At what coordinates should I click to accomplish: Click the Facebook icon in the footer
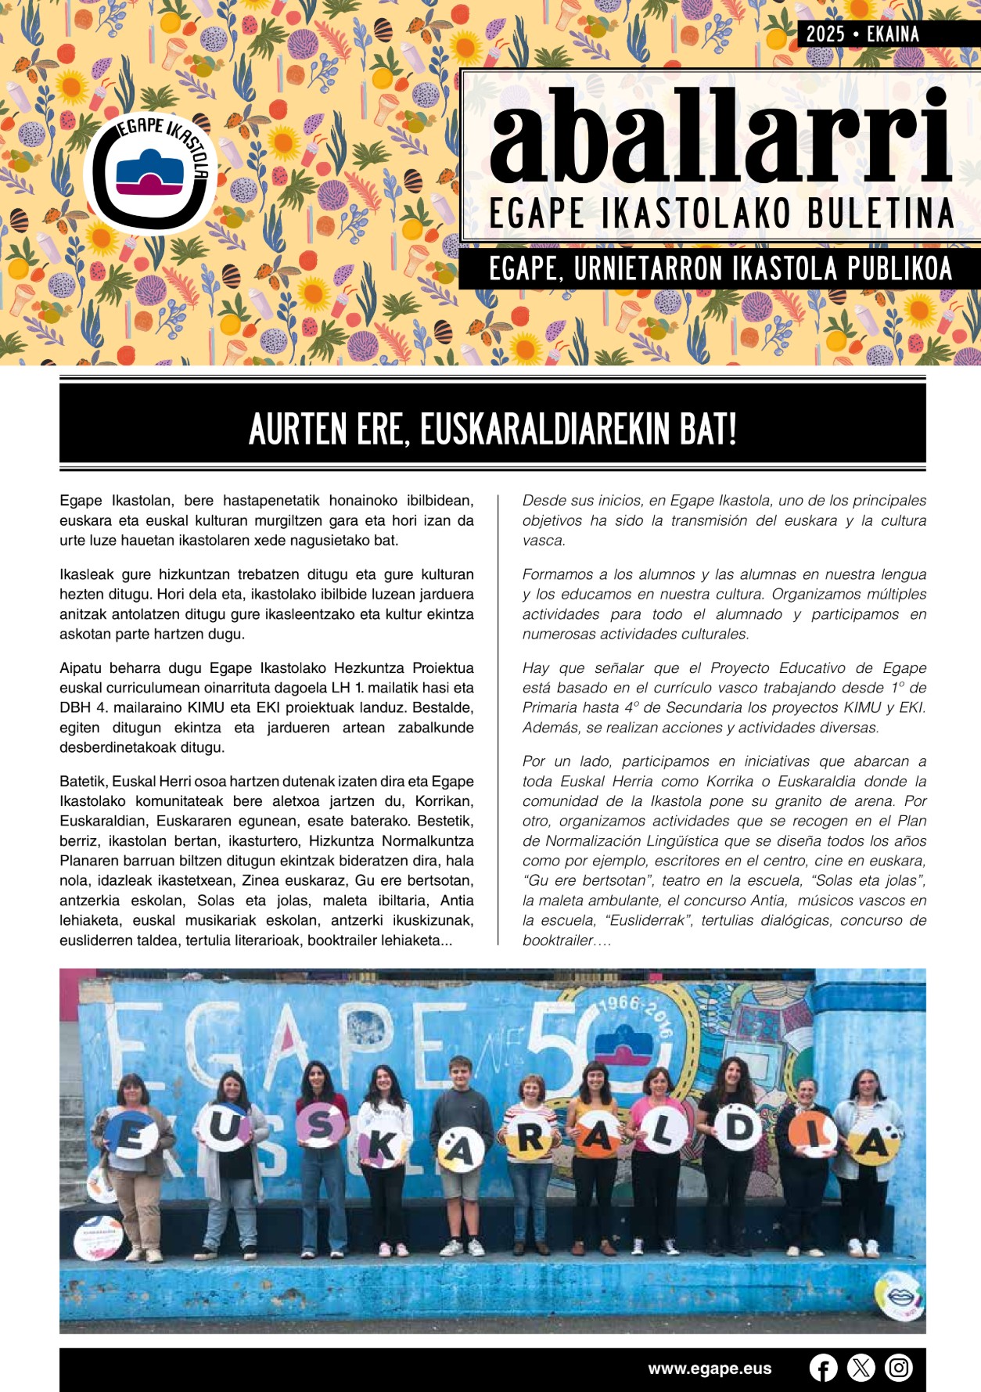pyautogui.click(x=823, y=1368)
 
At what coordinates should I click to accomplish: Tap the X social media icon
pyautogui.click(x=861, y=1368)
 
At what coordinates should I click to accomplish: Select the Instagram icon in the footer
pyautogui.click(x=899, y=1368)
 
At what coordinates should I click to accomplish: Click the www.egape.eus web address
pyautogui.click(x=710, y=1369)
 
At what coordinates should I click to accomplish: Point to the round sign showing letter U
pyautogui.click(x=224, y=1128)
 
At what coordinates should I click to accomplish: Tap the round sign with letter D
pyautogui.click(x=738, y=1128)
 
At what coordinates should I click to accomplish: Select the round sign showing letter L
pyautogui.click(x=663, y=1132)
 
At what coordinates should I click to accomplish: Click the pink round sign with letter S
pyautogui.click(x=318, y=1125)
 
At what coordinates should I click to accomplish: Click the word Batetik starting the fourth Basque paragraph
pyautogui.click(x=84, y=781)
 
